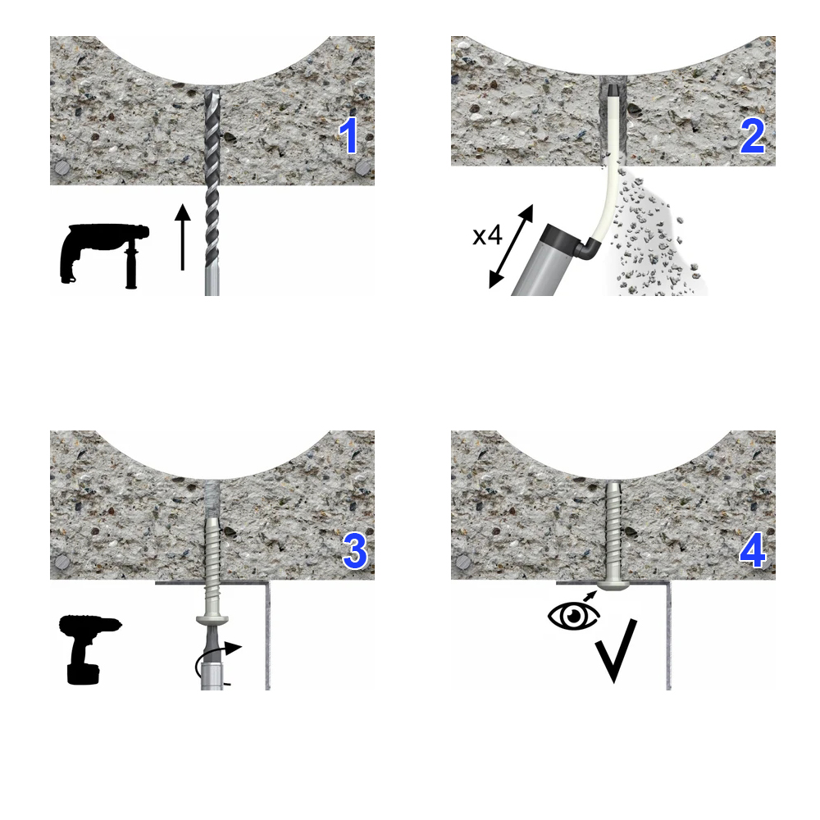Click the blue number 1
[348, 135]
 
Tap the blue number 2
[753, 136]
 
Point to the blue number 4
[753, 551]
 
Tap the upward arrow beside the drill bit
[183, 237]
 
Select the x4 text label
[487, 235]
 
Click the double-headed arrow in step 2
[511, 246]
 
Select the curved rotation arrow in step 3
[214, 656]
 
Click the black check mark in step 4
[616, 651]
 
